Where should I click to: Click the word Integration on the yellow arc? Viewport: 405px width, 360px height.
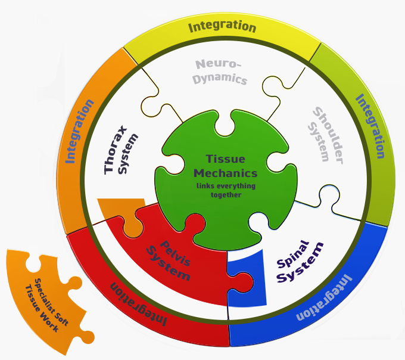point(222,26)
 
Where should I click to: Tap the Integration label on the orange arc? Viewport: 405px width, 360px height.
point(80,131)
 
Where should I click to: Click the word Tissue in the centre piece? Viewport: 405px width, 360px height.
point(225,160)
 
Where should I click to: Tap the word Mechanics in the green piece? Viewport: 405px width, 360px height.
point(225,173)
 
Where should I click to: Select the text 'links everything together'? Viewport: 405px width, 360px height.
point(225,191)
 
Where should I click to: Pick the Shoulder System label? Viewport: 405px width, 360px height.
point(325,135)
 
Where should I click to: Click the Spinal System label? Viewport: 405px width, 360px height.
point(299,262)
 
